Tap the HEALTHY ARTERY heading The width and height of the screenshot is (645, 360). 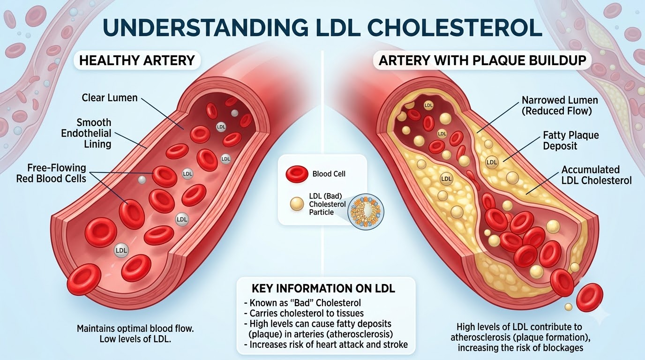pyautogui.click(x=137, y=60)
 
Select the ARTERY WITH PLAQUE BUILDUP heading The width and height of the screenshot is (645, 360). pyautogui.click(x=482, y=60)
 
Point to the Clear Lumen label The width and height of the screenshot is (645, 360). pyautogui.click(x=109, y=97)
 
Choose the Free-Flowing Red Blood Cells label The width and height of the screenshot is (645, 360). pyautogui.click(x=51, y=173)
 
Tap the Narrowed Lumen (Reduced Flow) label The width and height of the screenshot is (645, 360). pyautogui.click(x=560, y=105)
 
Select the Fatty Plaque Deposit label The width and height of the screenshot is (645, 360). pyautogui.click(x=571, y=140)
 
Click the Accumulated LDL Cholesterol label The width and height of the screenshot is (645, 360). pyautogui.click(x=596, y=175)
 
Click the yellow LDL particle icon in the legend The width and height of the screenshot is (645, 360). pyautogui.click(x=297, y=204)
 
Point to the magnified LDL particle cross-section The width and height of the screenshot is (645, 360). pyautogui.click(x=366, y=211)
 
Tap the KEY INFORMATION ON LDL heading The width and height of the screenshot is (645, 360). pyautogui.click(x=323, y=289)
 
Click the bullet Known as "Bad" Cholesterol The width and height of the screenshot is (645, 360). pyautogui.click(x=302, y=303)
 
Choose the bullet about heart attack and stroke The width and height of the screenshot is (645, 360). pyautogui.click(x=326, y=345)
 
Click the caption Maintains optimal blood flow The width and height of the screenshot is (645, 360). pyautogui.click(x=135, y=328)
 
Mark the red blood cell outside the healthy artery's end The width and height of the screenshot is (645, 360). pyautogui.click(x=84, y=279)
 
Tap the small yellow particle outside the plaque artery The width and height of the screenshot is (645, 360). pyautogui.click(x=569, y=307)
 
